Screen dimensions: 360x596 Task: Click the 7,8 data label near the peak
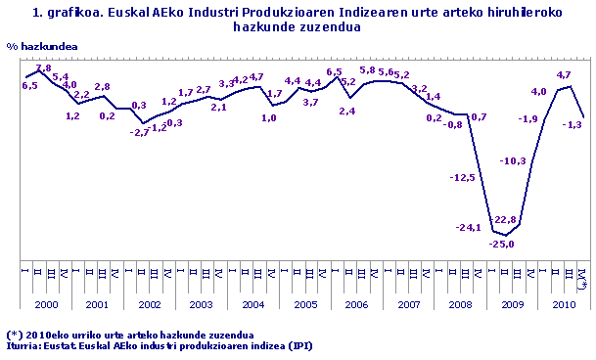(43, 68)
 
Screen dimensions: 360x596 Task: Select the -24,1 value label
(469, 228)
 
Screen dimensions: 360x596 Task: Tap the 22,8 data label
(506, 220)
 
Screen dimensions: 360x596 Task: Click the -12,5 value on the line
(462, 177)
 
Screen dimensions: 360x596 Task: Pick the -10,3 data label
(513, 160)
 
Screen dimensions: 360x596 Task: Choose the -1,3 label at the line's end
(572, 124)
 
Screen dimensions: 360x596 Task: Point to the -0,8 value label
(453, 124)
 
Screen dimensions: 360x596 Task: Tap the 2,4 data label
(346, 111)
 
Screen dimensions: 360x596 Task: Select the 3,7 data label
(311, 102)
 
